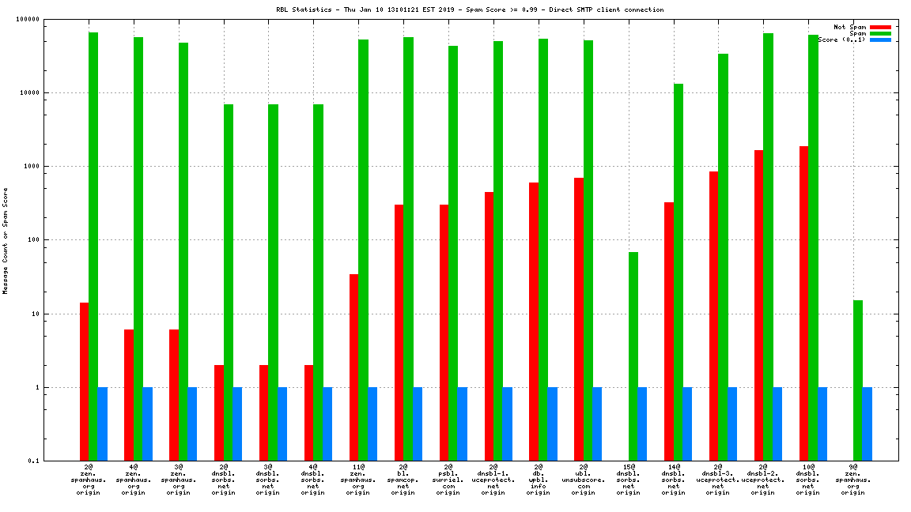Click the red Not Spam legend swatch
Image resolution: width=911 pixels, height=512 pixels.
880,27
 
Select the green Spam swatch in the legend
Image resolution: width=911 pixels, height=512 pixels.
880,33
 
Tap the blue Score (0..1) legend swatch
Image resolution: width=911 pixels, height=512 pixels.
880,40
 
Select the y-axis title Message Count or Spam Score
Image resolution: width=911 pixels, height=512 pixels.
6,240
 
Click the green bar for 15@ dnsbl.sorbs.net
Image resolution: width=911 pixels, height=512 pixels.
633,356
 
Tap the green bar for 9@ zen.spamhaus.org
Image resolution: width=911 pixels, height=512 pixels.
858,380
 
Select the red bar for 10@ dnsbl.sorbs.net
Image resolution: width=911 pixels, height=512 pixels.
803,303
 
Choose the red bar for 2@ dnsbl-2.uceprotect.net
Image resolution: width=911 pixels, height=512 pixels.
758,305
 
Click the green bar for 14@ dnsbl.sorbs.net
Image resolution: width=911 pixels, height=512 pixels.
679,272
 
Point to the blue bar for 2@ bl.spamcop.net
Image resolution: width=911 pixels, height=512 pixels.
418,424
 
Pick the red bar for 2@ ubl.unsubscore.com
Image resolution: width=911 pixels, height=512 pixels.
579,319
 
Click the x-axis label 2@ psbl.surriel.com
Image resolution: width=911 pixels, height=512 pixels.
448,480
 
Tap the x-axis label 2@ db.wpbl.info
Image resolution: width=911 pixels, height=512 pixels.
539,480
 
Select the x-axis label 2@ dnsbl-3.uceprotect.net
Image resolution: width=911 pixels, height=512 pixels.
718,480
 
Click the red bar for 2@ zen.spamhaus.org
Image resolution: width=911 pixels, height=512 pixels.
84,382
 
